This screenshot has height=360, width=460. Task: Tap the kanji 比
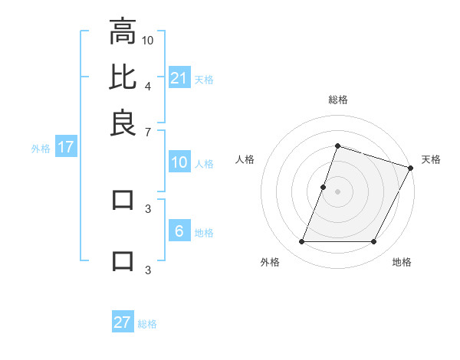click(122, 77)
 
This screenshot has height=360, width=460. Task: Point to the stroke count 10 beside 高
click(148, 39)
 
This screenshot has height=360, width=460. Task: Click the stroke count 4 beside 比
click(148, 85)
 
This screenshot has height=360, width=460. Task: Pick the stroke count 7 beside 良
click(148, 131)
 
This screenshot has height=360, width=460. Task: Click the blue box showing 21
click(179, 78)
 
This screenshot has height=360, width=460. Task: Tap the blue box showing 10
click(179, 162)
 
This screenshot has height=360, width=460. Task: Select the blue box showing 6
click(179, 232)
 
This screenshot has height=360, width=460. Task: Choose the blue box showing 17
click(65, 148)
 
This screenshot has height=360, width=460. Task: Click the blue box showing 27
click(122, 322)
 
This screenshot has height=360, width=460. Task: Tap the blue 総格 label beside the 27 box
click(147, 324)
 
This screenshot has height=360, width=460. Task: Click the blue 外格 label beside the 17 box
click(41, 149)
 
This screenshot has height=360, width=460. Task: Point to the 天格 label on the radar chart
click(431, 159)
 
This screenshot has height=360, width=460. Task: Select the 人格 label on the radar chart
click(245, 159)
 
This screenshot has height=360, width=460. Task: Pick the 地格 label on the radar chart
click(402, 262)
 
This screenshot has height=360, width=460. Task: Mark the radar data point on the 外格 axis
click(301, 242)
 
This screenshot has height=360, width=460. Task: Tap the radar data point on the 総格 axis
click(337, 146)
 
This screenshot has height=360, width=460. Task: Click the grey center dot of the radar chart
click(337, 191)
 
